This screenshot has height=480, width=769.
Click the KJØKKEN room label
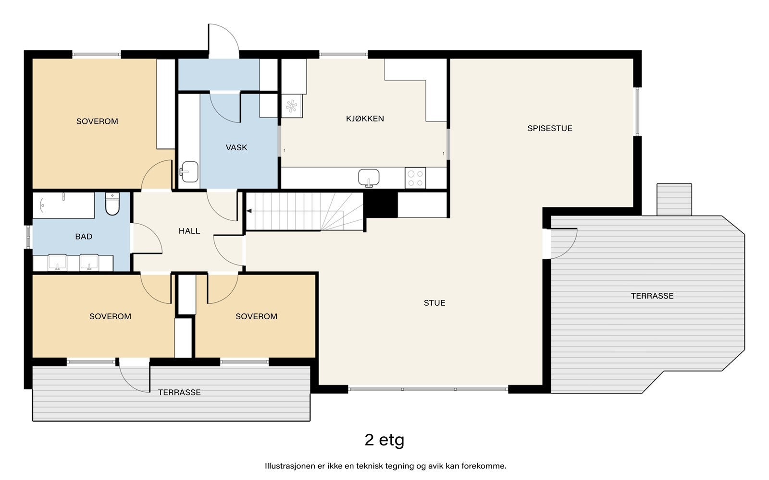click(365, 119)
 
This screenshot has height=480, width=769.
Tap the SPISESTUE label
click(550, 129)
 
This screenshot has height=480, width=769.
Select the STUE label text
click(434, 303)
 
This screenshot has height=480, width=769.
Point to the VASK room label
click(236, 147)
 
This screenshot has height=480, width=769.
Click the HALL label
click(189, 231)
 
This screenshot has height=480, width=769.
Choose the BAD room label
click(84, 237)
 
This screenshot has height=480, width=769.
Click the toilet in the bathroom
click(112, 204)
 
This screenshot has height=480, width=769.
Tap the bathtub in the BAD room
click(64, 205)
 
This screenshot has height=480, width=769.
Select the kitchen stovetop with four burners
click(415, 178)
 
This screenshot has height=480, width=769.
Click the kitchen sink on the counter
click(369, 178)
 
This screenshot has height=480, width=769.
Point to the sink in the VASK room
click(189, 172)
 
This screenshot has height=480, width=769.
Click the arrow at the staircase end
click(249, 211)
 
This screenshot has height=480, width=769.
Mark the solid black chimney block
click(380, 204)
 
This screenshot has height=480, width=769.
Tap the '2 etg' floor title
click(384, 440)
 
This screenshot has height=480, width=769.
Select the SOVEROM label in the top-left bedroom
click(97, 121)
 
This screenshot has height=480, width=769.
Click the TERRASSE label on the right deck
click(652, 296)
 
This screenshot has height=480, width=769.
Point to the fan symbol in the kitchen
click(291, 106)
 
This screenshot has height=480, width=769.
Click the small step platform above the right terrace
click(674, 200)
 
